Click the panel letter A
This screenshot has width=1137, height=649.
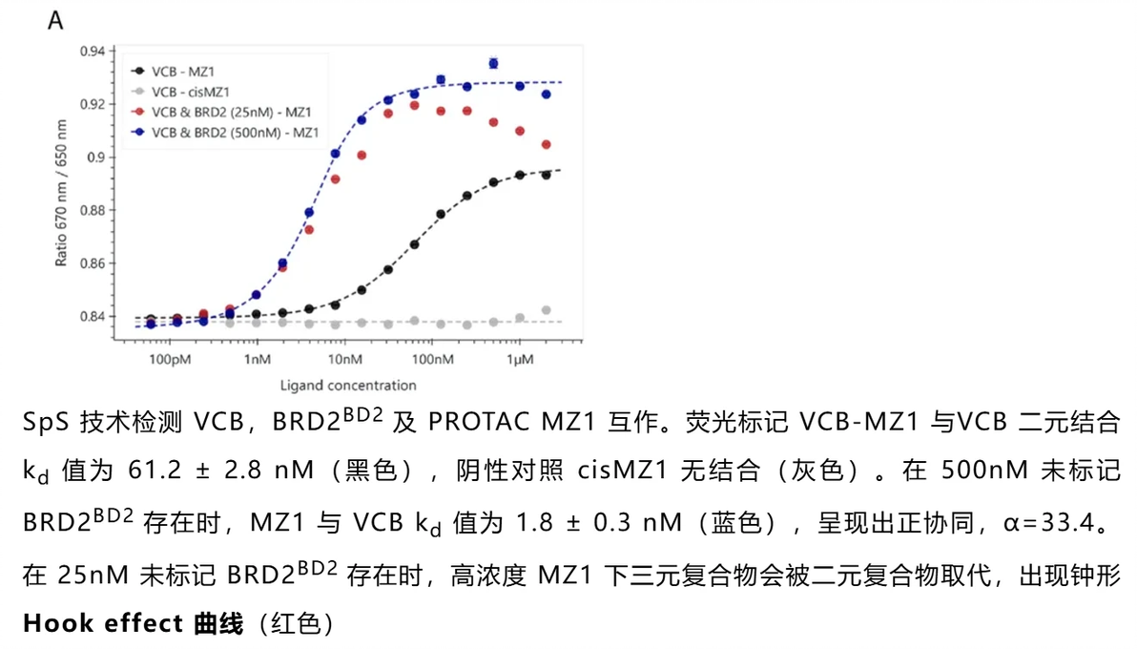click(55, 21)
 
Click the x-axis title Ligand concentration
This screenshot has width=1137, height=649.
click(348, 386)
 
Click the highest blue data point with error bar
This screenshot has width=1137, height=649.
click(493, 63)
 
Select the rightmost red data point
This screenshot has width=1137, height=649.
click(546, 145)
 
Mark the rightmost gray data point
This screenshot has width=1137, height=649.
click(546, 310)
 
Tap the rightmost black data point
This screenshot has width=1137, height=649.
click(546, 176)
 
